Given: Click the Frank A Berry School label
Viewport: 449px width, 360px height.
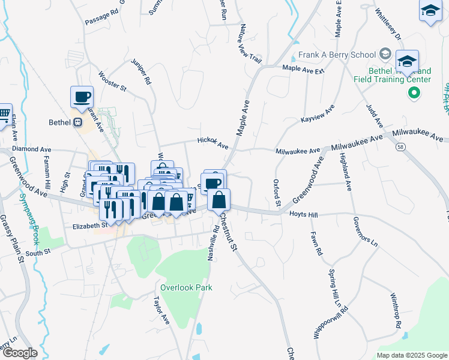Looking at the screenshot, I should click(337, 55).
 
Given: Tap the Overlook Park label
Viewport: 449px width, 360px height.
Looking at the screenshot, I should click(186, 287).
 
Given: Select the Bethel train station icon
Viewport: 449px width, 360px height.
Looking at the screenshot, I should click(77, 122).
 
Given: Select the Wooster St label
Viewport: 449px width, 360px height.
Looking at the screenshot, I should click(112, 82).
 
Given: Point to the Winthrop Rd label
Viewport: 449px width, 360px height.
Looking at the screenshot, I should click(395, 310).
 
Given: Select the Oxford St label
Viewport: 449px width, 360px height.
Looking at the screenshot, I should click(277, 193).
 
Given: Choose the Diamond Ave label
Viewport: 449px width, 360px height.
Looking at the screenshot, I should click(31, 149).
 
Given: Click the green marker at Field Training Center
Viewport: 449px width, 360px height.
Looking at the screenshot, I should click(413, 92).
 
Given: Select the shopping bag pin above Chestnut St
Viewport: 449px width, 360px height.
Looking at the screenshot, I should click(220, 199).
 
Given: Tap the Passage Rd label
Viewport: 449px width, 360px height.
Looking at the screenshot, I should click(101, 17).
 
